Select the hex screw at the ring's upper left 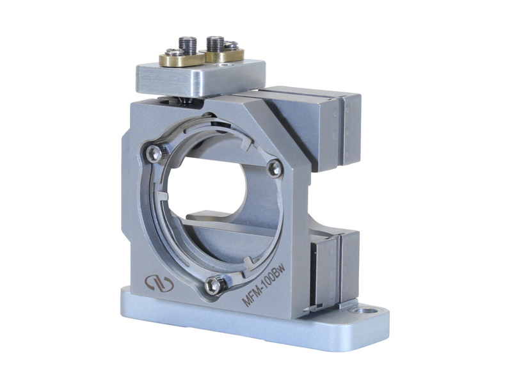click(153, 154)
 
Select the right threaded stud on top click(215, 44)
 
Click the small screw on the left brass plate click(173, 52)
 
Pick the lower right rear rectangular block click(333, 269)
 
